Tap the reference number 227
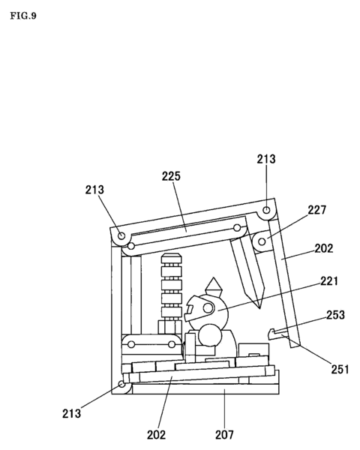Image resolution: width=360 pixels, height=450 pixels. click(317, 211)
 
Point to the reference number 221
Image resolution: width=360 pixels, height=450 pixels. click(328, 282)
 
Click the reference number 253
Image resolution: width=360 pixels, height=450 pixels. click(335, 316)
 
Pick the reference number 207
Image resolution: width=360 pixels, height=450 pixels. click(224, 433)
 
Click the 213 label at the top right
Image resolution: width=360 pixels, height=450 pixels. click(266, 159)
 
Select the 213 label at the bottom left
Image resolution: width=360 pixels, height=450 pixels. click(72, 412)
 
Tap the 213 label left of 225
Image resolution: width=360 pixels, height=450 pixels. click(94, 190)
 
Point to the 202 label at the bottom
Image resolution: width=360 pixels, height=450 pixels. click(157, 433)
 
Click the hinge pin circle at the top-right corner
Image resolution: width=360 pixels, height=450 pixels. click(267, 210)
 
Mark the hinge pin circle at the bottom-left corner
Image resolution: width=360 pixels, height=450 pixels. click(121, 385)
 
